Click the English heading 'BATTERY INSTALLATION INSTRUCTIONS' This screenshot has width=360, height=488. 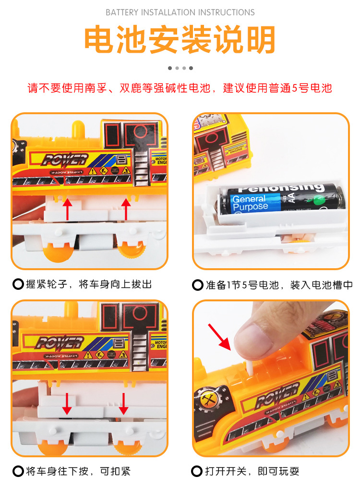click(180, 12)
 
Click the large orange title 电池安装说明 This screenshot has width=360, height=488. click(180, 40)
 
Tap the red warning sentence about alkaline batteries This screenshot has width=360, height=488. click(180, 88)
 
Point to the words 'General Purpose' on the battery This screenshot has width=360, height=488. click(250, 202)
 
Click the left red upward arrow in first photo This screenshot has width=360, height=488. click(68, 209)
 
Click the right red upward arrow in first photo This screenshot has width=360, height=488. click(126, 209)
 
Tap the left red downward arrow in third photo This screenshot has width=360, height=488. click(67, 404)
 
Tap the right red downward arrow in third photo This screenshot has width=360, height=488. click(124, 404)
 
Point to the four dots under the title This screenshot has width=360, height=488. click(180, 68)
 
